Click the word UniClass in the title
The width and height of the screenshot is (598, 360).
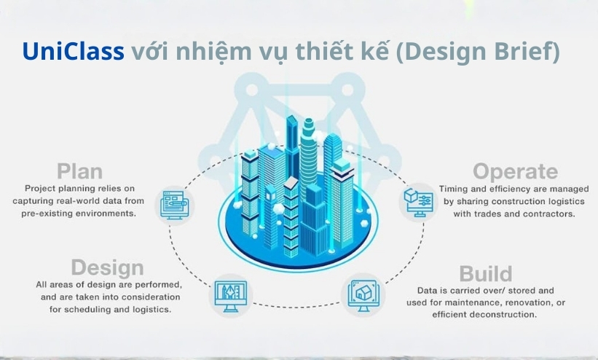74,51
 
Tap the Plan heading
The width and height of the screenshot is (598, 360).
79,171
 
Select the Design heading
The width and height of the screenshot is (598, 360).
107,268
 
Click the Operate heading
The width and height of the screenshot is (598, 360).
515,172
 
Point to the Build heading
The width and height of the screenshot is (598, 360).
486,274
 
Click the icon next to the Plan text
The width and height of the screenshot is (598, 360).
175,205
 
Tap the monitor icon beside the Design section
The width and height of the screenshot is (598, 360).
230,297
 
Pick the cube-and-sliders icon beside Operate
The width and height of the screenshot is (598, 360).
418,202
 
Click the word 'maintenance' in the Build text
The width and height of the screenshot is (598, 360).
475,302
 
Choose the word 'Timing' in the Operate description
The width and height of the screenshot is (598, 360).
451,189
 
